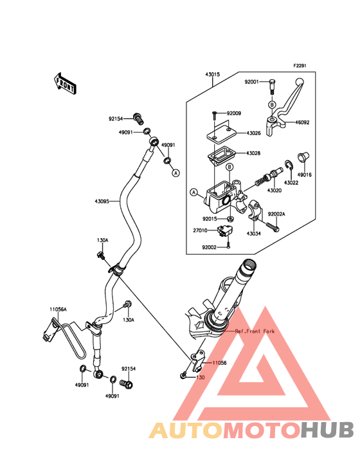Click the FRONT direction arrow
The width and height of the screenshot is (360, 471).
65,84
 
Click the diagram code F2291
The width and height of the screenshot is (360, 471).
300,66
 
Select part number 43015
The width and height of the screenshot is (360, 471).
212,74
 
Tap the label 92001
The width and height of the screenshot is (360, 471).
251,82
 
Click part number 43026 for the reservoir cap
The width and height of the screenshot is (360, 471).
253,133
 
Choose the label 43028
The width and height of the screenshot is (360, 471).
253,153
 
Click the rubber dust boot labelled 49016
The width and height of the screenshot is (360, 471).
303,158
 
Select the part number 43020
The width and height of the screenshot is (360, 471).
274,190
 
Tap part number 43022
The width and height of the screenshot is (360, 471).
291,183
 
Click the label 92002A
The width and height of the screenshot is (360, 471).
276,214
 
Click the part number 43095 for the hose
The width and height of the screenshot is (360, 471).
102,201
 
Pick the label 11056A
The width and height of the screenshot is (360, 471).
59,309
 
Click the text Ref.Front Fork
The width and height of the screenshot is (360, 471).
255,331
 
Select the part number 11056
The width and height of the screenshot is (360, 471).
220,363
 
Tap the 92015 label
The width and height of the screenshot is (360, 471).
210,219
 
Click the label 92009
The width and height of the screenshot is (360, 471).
234,113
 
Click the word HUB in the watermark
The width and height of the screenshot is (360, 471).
328,430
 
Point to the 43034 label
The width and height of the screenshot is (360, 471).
254,234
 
